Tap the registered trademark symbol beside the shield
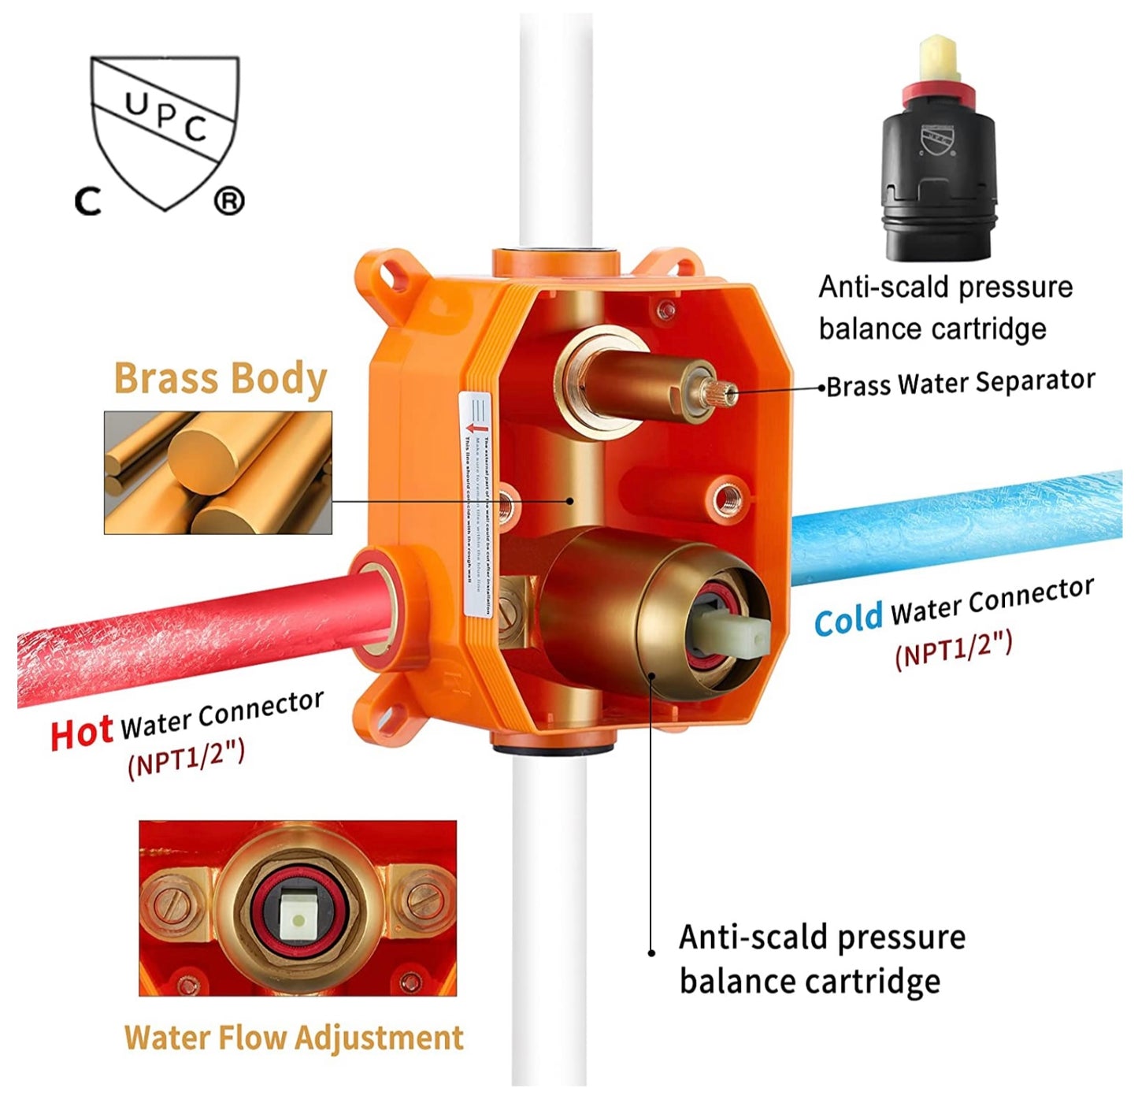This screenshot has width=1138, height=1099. [x=229, y=202]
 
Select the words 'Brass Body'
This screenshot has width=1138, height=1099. [x=221, y=379]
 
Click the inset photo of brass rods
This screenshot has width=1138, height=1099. [x=218, y=473]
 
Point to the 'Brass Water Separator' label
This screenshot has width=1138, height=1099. [x=961, y=384]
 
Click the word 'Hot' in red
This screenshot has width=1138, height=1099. [x=81, y=733]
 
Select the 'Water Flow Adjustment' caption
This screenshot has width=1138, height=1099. [x=294, y=1038]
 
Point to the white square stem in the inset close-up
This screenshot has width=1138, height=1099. [x=298, y=919]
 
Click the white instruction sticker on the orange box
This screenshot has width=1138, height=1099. [x=476, y=504]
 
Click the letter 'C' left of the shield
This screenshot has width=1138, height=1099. [x=88, y=202]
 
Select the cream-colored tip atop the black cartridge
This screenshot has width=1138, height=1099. [x=937, y=59]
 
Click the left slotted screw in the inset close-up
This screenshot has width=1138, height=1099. [x=169, y=900]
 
